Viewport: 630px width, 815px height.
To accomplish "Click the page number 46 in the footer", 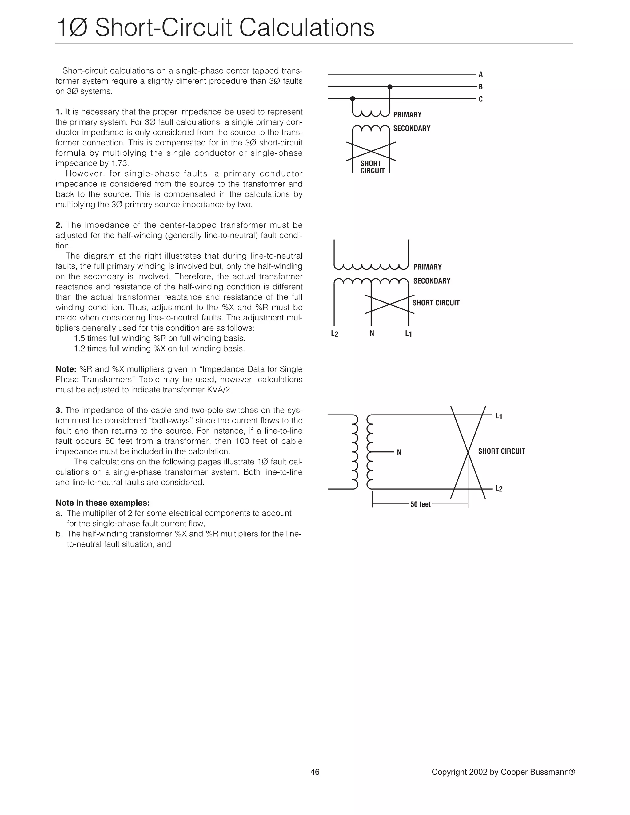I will [x=315, y=772].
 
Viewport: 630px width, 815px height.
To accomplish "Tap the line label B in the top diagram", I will [x=481, y=87].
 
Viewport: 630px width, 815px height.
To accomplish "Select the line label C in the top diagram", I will [x=481, y=99].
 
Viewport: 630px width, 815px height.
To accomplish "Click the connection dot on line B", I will [x=390, y=87].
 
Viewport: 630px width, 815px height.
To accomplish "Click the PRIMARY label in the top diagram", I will [x=407, y=115].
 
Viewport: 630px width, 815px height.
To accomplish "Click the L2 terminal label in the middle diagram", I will [x=334, y=334].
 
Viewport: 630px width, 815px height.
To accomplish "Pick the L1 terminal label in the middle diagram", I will [x=408, y=334].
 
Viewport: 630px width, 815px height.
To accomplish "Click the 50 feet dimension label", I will [x=420, y=504].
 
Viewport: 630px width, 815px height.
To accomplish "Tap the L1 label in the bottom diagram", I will [x=499, y=416].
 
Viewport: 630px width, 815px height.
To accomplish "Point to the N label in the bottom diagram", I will [x=399, y=453].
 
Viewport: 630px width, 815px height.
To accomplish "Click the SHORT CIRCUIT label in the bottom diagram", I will [x=501, y=451].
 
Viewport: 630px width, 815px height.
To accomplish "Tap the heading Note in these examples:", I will [x=103, y=503].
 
